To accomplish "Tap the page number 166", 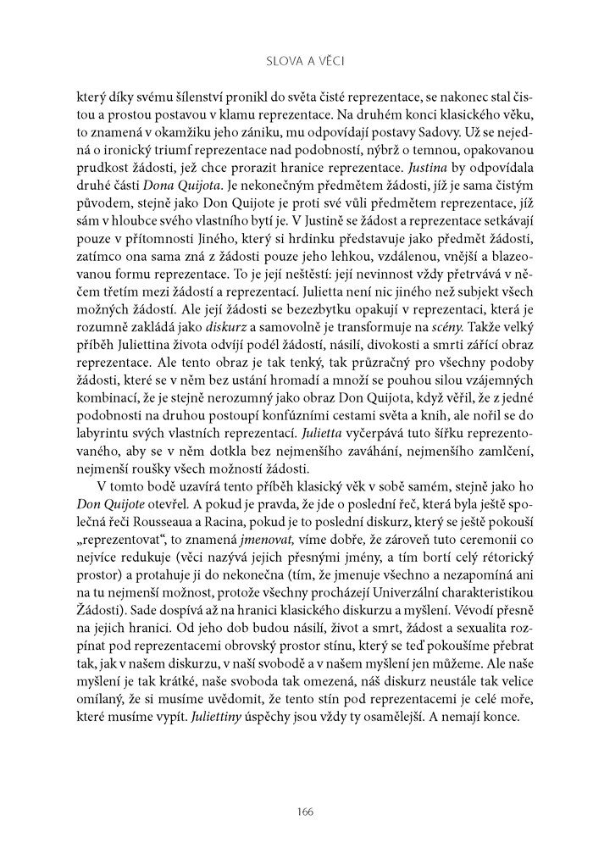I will pos(306,812).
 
